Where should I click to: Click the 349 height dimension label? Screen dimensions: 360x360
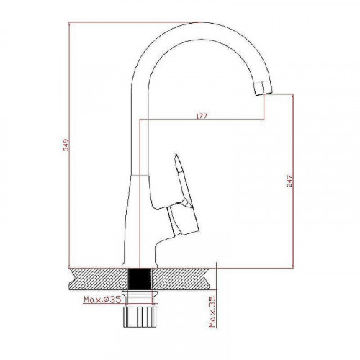[x=66, y=145]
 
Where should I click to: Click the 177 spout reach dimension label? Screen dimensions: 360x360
[x=202, y=116]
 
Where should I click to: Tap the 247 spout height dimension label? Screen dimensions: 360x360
[x=289, y=181]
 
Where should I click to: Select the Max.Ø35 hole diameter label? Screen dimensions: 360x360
[x=102, y=300]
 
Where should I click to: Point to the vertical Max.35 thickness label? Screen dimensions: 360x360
[x=212, y=312]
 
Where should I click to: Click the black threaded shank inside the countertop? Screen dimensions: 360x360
[x=140, y=279]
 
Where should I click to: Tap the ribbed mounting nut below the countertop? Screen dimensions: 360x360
[x=140, y=317]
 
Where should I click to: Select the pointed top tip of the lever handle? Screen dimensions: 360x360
[x=176, y=154]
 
